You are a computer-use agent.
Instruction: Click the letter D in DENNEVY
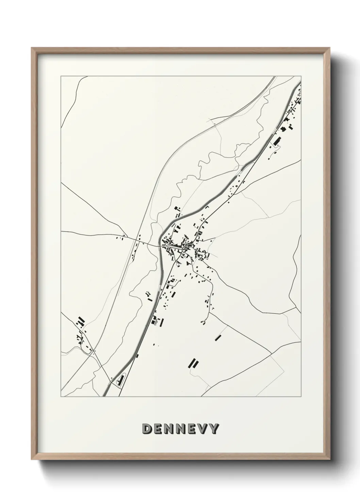pyautogui.click(x=148, y=429)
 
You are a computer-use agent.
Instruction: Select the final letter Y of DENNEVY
pyautogui.click(x=213, y=429)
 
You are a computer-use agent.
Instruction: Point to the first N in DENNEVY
pyautogui.click(x=169, y=429)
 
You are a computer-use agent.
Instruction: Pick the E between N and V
pyautogui.click(x=192, y=429)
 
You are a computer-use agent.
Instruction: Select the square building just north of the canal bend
pyautogui.click(x=176, y=208)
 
